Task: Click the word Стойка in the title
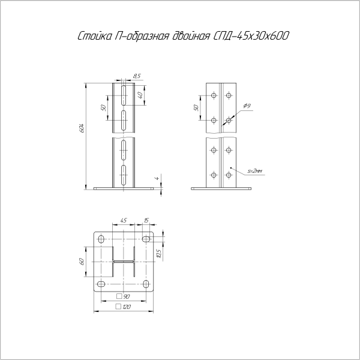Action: click(94, 36)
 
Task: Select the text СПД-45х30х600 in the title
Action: click(249, 36)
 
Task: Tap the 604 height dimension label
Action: click(82, 128)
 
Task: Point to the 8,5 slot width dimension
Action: click(137, 76)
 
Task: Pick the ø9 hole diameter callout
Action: click(247, 106)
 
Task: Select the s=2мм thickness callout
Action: click(255, 171)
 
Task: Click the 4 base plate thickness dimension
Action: click(157, 178)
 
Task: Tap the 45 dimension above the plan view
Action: click(123, 220)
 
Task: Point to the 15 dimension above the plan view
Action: click(146, 220)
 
